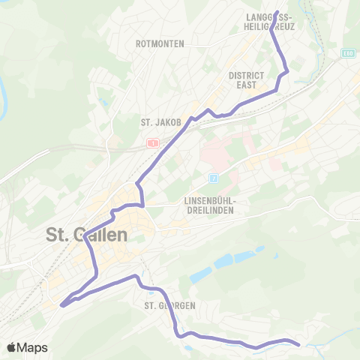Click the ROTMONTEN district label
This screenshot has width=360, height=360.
coord(160,43)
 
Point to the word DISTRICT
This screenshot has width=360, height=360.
coord(247,76)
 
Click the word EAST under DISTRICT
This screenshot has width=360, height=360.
coord(247,85)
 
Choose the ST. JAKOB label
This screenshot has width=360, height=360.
coord(157,121)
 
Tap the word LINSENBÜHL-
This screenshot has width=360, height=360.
coord(211,201)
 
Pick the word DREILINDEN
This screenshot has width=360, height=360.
coord(211,211)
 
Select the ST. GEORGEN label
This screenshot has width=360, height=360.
coord(170,305)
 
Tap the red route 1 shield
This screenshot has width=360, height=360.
coord(153,142)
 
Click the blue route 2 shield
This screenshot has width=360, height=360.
coord(213,178)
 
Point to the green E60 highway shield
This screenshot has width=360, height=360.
coord(346,52)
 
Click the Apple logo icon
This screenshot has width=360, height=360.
coord(12,347)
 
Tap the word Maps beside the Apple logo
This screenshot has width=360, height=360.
coord(32,347)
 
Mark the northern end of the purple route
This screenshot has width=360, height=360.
coord(276,12)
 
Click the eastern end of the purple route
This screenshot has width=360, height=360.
coord(298,345)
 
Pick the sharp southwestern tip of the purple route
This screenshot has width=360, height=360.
coord(61,304)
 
